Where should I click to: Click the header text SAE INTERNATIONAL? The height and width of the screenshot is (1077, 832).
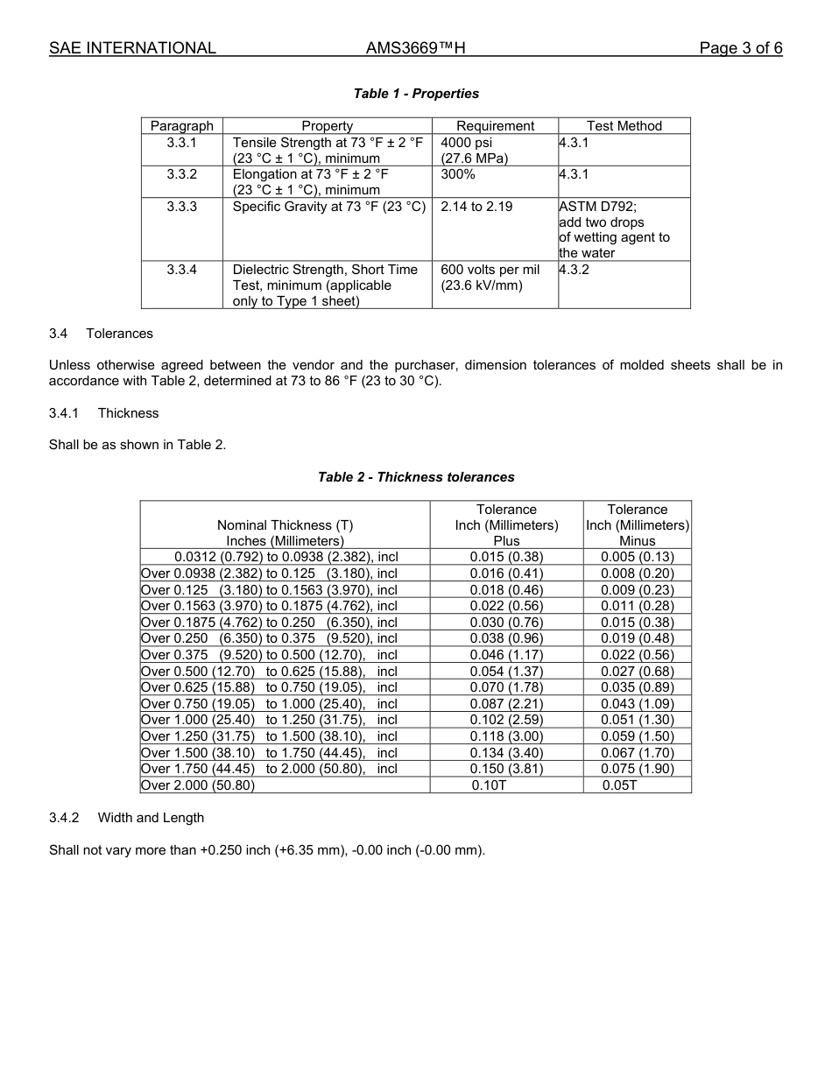click(x=132, y=48)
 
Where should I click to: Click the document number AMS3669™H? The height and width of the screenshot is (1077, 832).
click(x=415, y=48)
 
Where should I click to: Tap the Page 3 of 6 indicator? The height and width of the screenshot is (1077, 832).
click(x=740, y=48)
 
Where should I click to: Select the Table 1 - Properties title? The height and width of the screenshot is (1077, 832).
click(x=416, y=94)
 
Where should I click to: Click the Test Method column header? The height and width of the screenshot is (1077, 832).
click(x=624, y=126)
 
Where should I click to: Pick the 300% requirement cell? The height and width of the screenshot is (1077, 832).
click(x=458, y=174)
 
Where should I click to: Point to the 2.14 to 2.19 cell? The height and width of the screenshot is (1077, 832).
click(x=476, y=207)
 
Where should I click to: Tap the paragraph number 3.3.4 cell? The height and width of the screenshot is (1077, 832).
click(x=182, y=270)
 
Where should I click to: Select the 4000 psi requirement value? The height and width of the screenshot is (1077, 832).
click(x=467, y=143)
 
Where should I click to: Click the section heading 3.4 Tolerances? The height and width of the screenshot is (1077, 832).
click(x=101, y=334)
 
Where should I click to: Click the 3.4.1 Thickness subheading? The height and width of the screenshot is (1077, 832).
click(x=103, y=412)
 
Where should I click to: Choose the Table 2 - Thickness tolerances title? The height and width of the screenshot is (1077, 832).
click(x=416, y=477)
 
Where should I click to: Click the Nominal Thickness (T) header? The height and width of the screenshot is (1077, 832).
click(x=285, y=525)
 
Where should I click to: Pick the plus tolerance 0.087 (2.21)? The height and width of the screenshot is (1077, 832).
click(x=506, y=704)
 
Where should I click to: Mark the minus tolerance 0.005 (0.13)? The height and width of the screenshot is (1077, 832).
click(x=637, y=557)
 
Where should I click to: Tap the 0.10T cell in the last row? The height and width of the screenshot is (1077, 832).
click(x=489, y=785)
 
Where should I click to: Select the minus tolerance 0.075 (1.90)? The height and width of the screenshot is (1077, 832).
click(x=637, y=769)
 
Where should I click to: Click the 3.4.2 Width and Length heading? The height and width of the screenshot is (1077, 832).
click(x=126, y=818)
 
